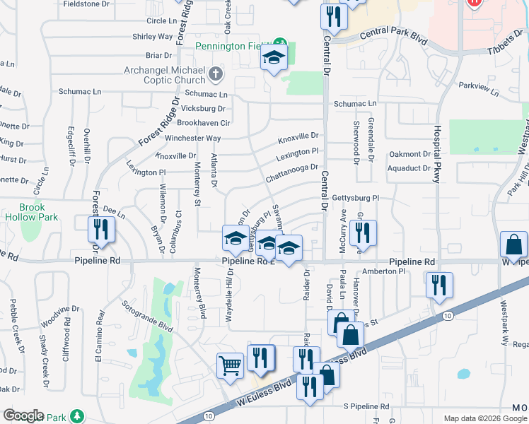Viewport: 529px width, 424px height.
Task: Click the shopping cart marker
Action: (230, 365)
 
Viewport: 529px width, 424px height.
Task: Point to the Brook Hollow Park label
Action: (23, 213)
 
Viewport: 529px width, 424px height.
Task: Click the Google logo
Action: (23, 416)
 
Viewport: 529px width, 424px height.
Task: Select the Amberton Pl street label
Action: (383, 271)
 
